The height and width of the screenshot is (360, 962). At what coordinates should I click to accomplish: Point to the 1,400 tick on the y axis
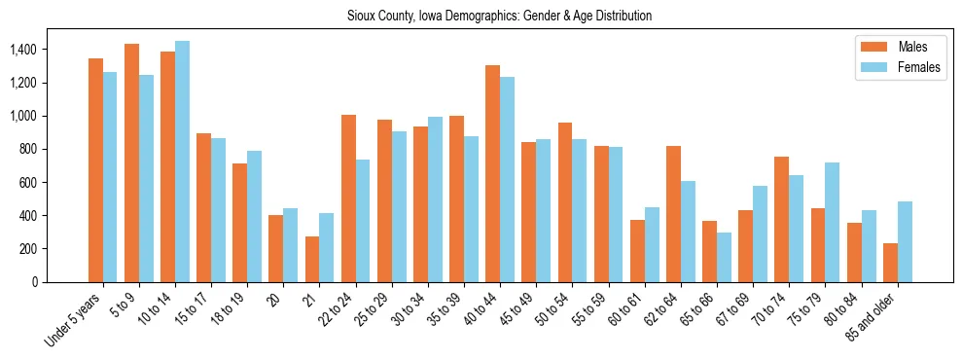20,50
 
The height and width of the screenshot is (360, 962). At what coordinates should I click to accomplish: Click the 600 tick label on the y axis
25,182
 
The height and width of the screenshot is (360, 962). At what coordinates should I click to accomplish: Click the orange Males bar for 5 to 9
131,162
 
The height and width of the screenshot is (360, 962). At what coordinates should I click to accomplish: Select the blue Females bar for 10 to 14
182,162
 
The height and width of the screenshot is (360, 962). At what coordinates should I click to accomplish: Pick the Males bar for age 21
312,259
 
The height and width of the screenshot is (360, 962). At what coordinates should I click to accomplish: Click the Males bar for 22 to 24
348,198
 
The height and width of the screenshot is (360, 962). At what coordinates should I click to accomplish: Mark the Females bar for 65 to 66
724,257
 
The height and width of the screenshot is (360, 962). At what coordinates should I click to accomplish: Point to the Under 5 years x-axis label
74,317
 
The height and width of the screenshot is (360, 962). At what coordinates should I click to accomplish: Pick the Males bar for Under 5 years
95,170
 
